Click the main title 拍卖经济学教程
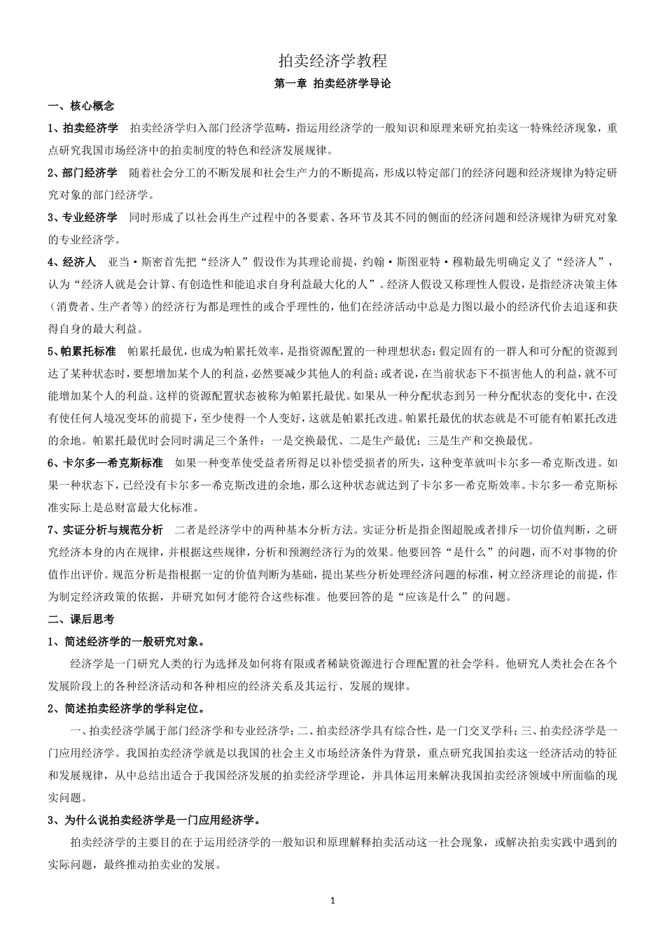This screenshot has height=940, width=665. pos(332,61)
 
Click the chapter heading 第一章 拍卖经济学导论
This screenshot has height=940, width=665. pos(332,84)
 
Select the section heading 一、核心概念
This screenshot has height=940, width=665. pos(80,106)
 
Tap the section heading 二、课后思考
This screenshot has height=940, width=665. pos(80,619)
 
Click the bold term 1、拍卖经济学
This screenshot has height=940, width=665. pos(83,128)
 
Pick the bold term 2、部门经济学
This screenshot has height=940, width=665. pos(83,173)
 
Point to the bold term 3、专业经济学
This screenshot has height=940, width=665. pos(83,218)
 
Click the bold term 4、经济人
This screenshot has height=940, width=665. pos(71,262)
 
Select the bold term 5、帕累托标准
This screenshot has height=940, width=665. pos(82,351)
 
